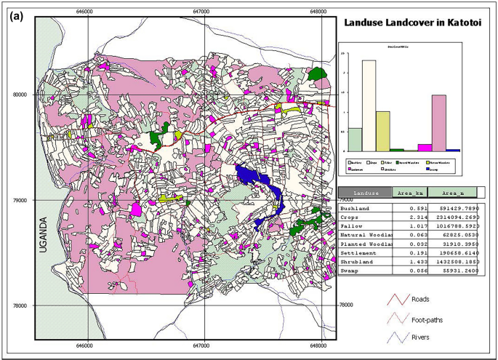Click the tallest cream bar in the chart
(369, 105)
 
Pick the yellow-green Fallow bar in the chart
(382, 131)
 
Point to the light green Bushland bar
(355, 139)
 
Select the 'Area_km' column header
(409, 193)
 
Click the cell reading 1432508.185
(454, 260)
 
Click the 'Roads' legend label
(421, 299)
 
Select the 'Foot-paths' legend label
(427, 319)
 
